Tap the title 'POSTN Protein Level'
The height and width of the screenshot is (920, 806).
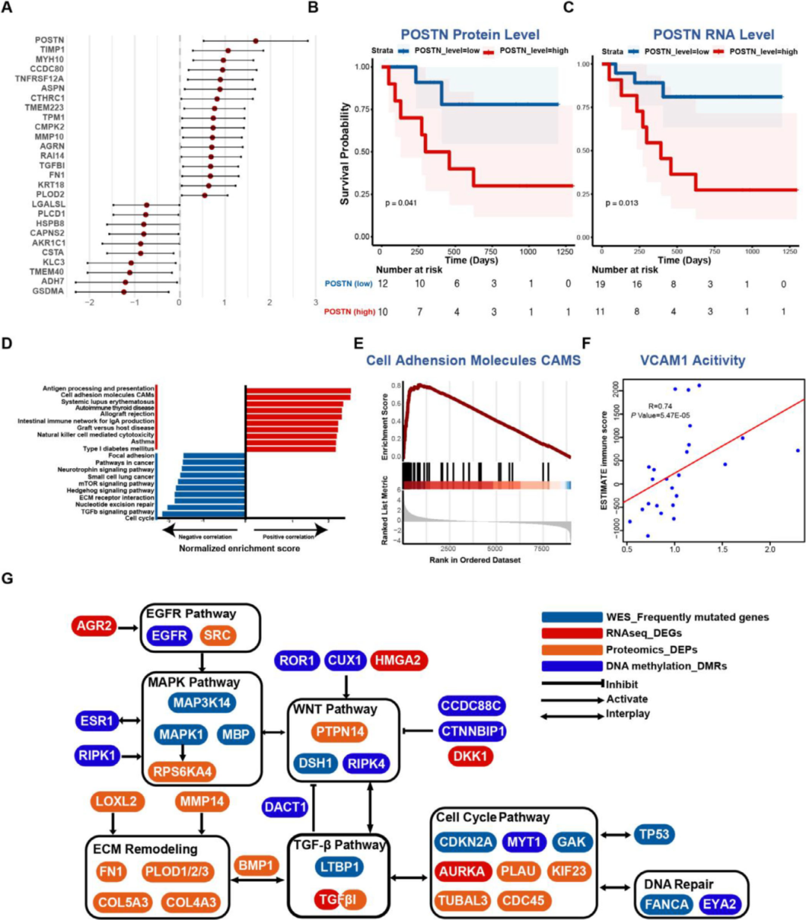469,34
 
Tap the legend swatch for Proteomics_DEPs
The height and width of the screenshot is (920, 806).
572,650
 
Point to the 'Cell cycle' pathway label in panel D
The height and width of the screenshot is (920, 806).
141,518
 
